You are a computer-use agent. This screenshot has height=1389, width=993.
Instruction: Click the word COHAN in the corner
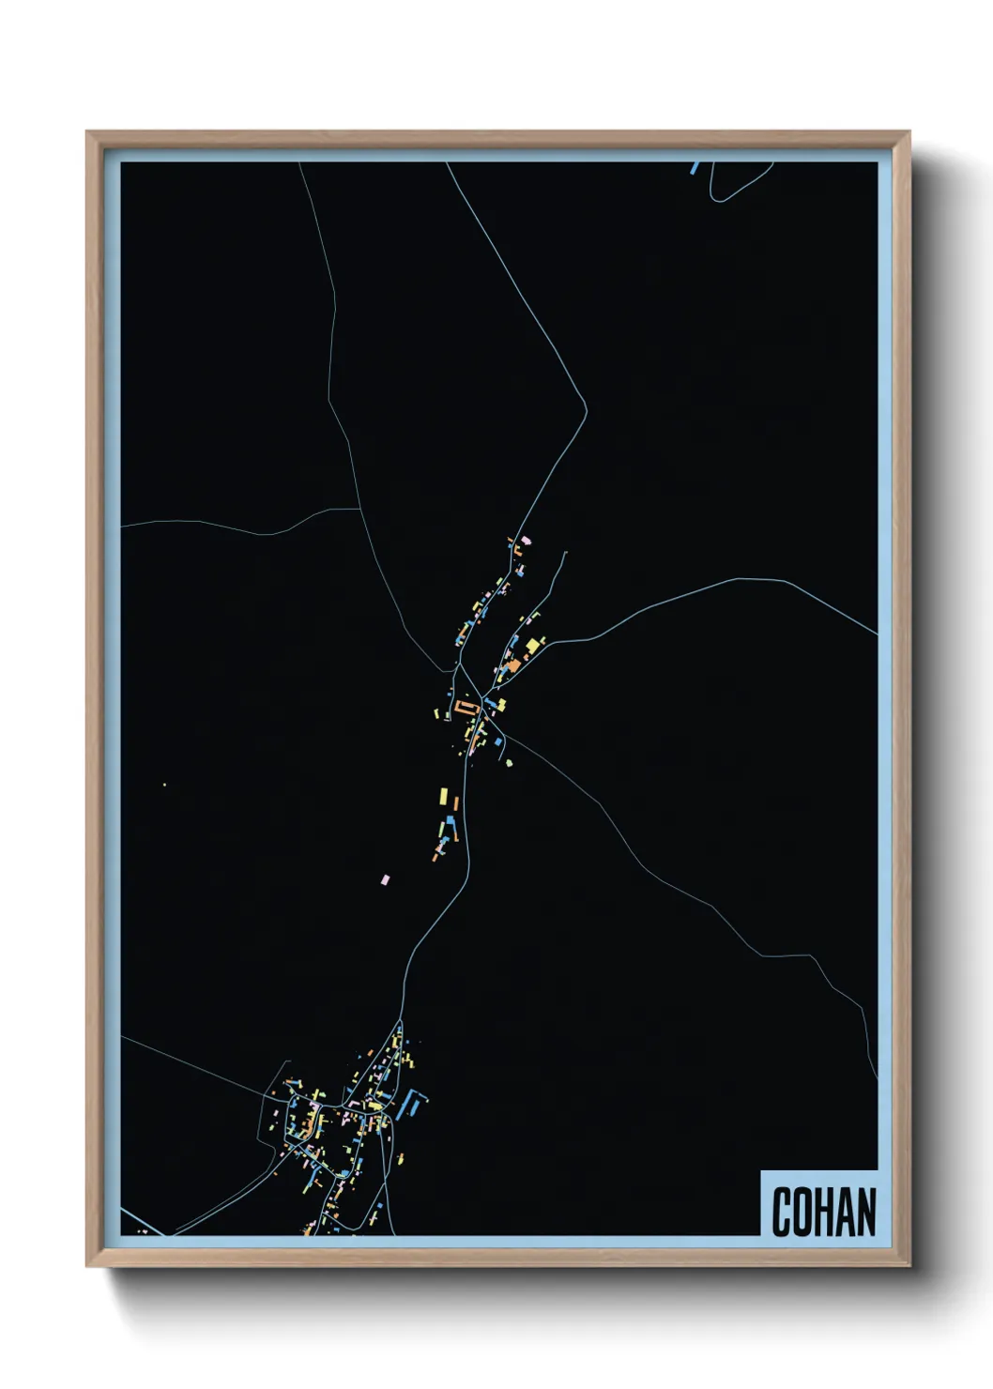823,1212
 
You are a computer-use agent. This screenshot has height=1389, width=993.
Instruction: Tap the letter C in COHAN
782,1212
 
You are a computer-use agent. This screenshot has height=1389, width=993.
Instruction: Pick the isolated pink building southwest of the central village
384,879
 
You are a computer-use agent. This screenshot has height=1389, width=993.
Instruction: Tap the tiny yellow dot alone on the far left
164,785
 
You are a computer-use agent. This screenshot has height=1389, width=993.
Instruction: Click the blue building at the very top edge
695,168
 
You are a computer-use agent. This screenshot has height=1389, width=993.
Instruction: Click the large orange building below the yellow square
513,664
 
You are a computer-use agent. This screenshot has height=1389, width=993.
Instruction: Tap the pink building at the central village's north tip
526,540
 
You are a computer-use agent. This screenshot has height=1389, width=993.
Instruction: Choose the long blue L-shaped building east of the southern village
413,1102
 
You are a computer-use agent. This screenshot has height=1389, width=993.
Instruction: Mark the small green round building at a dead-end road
510,763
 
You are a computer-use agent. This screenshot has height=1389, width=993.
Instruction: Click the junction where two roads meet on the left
360,510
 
